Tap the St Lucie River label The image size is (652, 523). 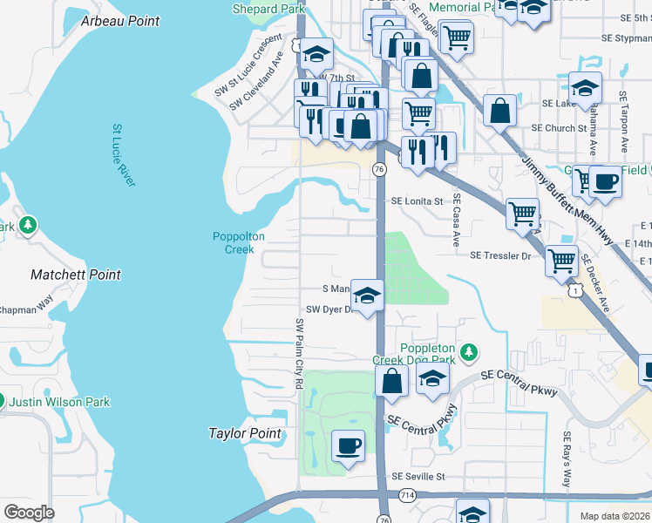pos(123,155)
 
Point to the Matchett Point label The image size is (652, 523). pos(76,275)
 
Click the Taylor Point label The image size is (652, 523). pos(245,433)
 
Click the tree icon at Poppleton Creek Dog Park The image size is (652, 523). pos(469,351)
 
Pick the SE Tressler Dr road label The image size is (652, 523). pos(500,255)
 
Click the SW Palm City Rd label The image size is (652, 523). pos(299,352)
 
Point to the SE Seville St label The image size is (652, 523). pos(418,477)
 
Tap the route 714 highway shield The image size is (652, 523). pos(408,495)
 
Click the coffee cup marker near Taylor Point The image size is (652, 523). pos(349,446)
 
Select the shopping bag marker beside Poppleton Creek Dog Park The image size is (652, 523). pos(392,380)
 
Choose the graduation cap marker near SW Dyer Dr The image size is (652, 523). pos(368,295)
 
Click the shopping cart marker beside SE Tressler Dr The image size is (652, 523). pos(562,260)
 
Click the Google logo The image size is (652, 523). pos(29,512)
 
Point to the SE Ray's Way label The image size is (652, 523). pos(567,460)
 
